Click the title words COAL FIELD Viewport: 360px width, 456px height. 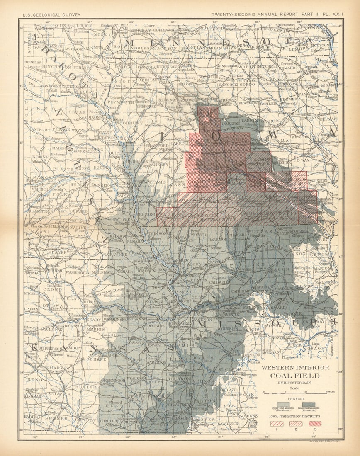tap(295, 376)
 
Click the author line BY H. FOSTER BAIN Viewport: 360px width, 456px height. tap(295, 383)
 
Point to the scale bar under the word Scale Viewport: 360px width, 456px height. tap(295, 392)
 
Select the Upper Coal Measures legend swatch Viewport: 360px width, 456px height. tap(283, 404)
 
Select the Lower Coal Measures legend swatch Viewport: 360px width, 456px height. tap(309, 404)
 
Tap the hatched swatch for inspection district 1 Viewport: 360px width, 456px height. tap(277, 424)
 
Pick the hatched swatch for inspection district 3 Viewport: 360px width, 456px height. tap(315, 424)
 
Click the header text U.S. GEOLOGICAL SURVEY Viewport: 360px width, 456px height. tap(51, 15)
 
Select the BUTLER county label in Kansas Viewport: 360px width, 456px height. tap(86, 386)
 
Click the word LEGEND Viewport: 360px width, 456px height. tap(295, 399)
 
